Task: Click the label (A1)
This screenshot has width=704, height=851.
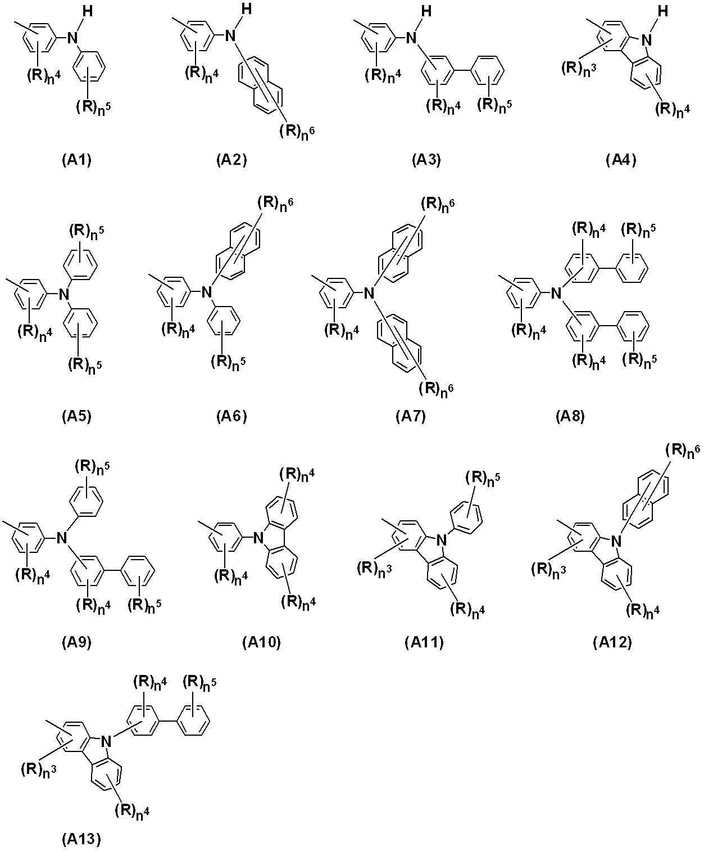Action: pyautogui.click(x=76, y=160)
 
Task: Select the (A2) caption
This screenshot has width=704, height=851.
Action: pyautogui.click(x=231, y=160)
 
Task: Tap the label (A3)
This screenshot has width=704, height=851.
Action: pyautogui.click(x=426, y=160)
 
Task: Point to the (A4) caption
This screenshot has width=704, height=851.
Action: pyautogui.click(x=621, y=160)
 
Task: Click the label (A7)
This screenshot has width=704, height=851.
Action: pyautogui.click(x=411, y=416)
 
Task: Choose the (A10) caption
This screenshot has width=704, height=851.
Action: pyautogui.click(x=261, y=642)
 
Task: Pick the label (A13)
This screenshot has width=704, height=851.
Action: pyautogui.click(x=81, y=839)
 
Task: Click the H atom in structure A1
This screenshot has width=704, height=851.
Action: pyautogui.click(x=88, y=12)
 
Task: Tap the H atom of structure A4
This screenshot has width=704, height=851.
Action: pyautogui.click(x=663, y=11)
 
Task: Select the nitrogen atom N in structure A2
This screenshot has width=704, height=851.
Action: pyautogui.click(x=230, y=35)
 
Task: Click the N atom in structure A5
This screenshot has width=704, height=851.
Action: pyautogui.click(x=64, y=294)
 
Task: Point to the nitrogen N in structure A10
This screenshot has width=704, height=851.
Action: pyautogui.click(x=258, y=538)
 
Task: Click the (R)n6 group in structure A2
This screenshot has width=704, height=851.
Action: pyautogui.click(x=297, y=131)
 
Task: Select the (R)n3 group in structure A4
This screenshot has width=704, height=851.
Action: pyautogui.click(x=579, y=69)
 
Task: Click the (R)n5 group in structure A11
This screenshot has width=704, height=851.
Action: pyautogui.click(x=483, y=479)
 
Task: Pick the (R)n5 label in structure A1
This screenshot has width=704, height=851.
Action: pyautogui.click(x=93, y=107)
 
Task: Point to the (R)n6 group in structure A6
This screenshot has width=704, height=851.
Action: pyautogui.click(x=275, y=204)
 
